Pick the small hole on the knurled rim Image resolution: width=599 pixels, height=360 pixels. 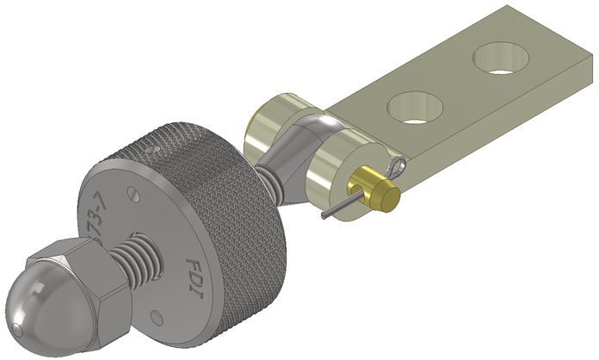[153, 148]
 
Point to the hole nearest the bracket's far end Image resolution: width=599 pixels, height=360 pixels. [503, 59]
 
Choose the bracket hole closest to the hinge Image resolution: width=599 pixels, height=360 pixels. [415, 109]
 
